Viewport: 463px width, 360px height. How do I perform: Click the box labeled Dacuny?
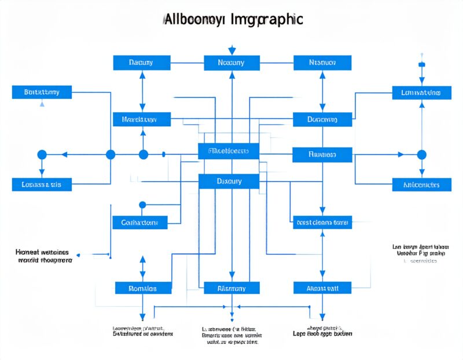coord(141,63)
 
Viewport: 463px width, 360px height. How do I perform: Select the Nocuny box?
coord(231,63)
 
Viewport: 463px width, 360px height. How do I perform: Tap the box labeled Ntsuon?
coord(322,63)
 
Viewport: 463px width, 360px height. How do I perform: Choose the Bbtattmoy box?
coord(42,92)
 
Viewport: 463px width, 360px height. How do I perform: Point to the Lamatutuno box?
coord(421,92)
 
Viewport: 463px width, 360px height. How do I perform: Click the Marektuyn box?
coord(142,120)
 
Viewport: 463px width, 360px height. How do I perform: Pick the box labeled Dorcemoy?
coord(322,120)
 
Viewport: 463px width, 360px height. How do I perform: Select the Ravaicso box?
coord(322,155)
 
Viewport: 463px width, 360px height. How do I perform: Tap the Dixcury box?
coord(229,181)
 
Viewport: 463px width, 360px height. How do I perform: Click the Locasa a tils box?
coord(42,185)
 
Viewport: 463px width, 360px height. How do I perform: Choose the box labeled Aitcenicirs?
coord(421,185)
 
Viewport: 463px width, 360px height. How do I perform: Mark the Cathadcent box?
coord(139,222)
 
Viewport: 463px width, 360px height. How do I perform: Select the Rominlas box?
coord(143,288)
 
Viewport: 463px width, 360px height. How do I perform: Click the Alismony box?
coord(231,288)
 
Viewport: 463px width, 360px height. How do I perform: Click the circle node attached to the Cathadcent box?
coord(142,204)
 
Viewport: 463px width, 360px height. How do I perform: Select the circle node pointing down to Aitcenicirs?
coord(421,155)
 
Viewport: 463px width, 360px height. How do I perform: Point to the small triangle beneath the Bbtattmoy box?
coord(42,105)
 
